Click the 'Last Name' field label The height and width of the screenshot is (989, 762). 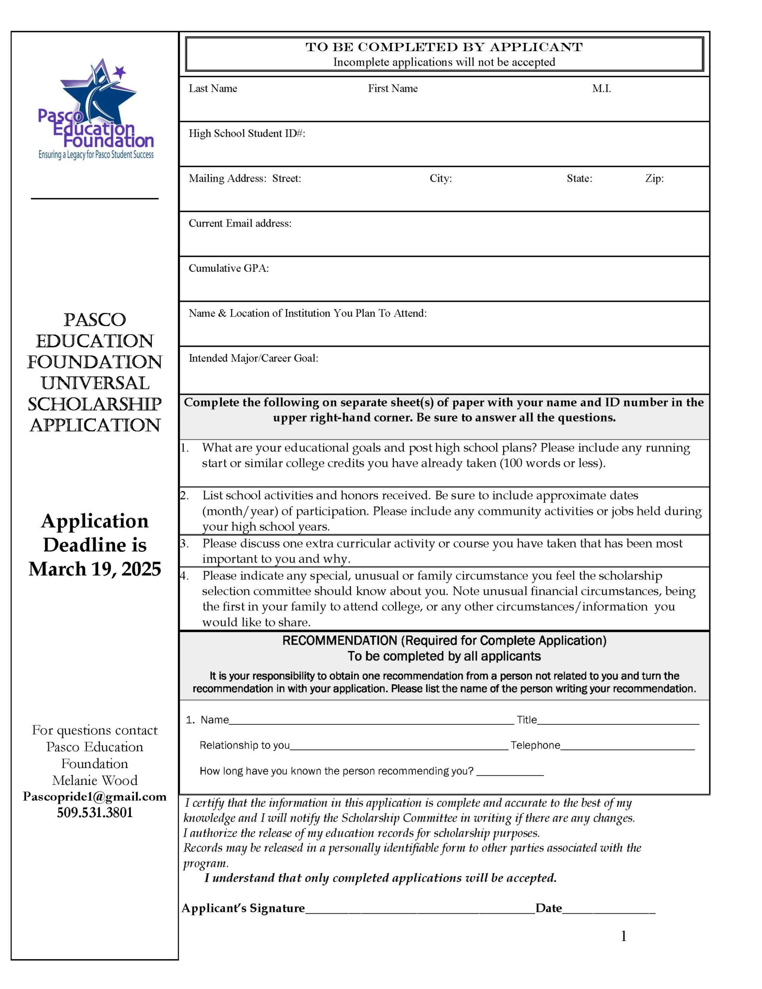[213, 88]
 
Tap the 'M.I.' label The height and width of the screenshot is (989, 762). [601, 88]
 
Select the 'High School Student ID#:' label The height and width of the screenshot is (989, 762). [246, 133]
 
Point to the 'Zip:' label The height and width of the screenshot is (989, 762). [654, 179]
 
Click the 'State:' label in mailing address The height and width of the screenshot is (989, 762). [579, 179]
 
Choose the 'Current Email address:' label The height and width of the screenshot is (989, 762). [240, 223]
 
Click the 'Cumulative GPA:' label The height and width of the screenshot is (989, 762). [228, 268]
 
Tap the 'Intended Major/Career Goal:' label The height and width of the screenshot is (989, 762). [253, 358]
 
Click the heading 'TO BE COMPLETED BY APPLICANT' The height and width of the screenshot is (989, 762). [444, 47]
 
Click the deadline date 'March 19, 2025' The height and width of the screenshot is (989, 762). [95, 569]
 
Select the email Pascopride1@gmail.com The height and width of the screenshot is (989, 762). [95, 797]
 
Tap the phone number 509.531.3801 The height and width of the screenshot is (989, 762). [95, 813]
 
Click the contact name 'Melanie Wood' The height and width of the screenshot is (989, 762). [95, 780]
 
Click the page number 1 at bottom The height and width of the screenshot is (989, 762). [623, 936]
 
